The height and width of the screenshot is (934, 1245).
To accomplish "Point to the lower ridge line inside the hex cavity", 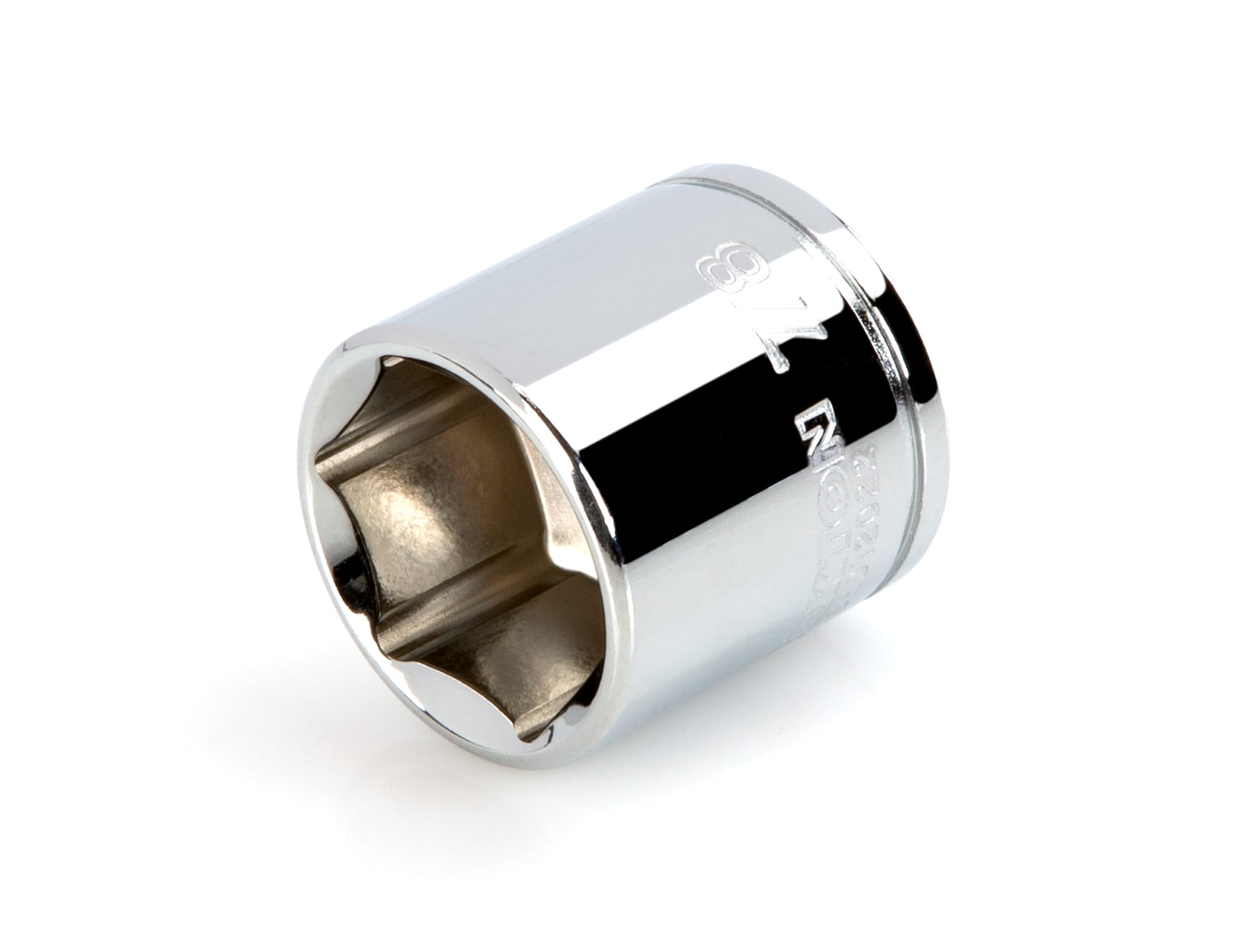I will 473,629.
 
